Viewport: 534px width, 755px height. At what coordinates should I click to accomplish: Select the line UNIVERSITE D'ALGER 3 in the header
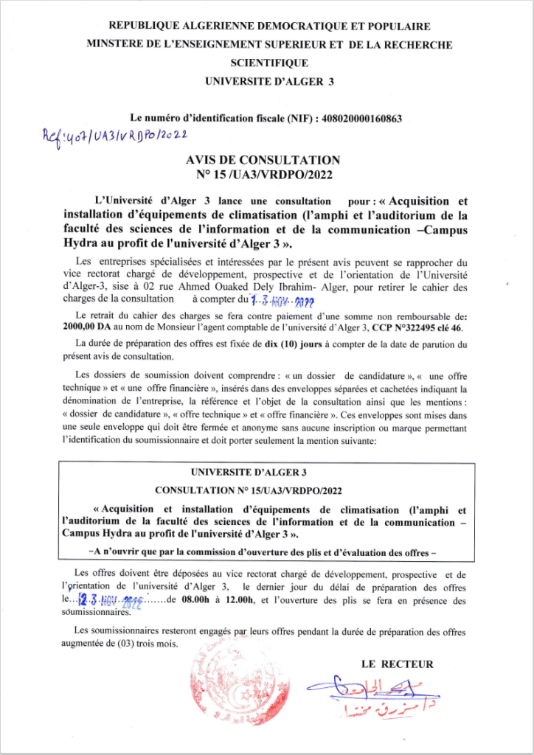click(x=268, y=81)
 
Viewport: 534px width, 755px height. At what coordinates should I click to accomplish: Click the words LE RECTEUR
click(x=398, y=664)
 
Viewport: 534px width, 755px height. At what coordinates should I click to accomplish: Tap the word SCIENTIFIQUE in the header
click(x=268, y=63)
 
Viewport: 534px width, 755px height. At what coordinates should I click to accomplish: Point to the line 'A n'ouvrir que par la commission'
click(x=267, y=551)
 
